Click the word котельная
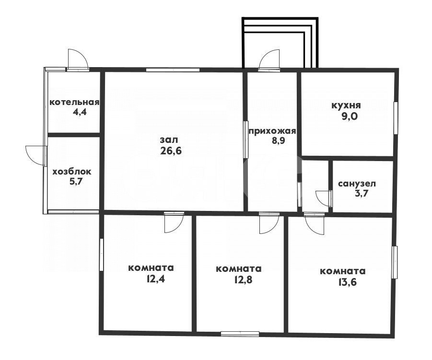[x=74, y=102]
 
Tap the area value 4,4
[x=79, y=112]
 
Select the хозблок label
[x=72, y=172]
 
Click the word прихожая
[x=272, y=131]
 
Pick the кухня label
[x=346, y=105]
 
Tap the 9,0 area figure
[x=350, y=116]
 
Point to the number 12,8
[x=243, y=279]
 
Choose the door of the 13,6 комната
[x=315, y=224]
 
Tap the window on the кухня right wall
[x=396, y=118]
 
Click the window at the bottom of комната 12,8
[x=240, y=334]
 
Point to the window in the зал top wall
[x=173, y=70]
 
